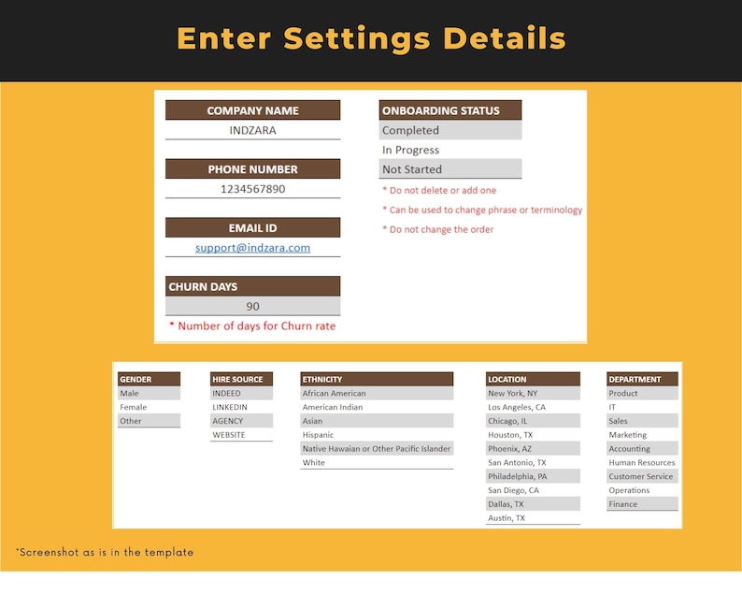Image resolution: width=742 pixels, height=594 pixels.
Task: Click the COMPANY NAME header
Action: [252, 110]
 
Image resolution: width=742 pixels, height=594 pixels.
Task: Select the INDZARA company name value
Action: [252, 130]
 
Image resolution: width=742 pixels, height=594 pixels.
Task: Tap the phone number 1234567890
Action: [252, 189]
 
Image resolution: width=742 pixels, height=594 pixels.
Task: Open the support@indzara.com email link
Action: [252, 248]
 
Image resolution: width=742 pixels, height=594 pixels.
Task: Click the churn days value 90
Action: [252, 306]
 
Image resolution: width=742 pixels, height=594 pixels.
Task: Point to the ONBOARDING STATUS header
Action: [449, 110]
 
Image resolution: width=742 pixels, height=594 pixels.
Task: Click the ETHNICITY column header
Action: [377, 379]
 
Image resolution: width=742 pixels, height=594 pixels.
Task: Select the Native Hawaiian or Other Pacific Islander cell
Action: [377, 449]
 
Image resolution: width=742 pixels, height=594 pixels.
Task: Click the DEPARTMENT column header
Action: [642, 379]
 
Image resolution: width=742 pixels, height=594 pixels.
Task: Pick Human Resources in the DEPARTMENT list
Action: [642, 462]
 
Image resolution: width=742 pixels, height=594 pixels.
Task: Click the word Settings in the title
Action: [358, 39]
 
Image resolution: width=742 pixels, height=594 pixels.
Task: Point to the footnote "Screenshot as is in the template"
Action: [105, 553]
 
